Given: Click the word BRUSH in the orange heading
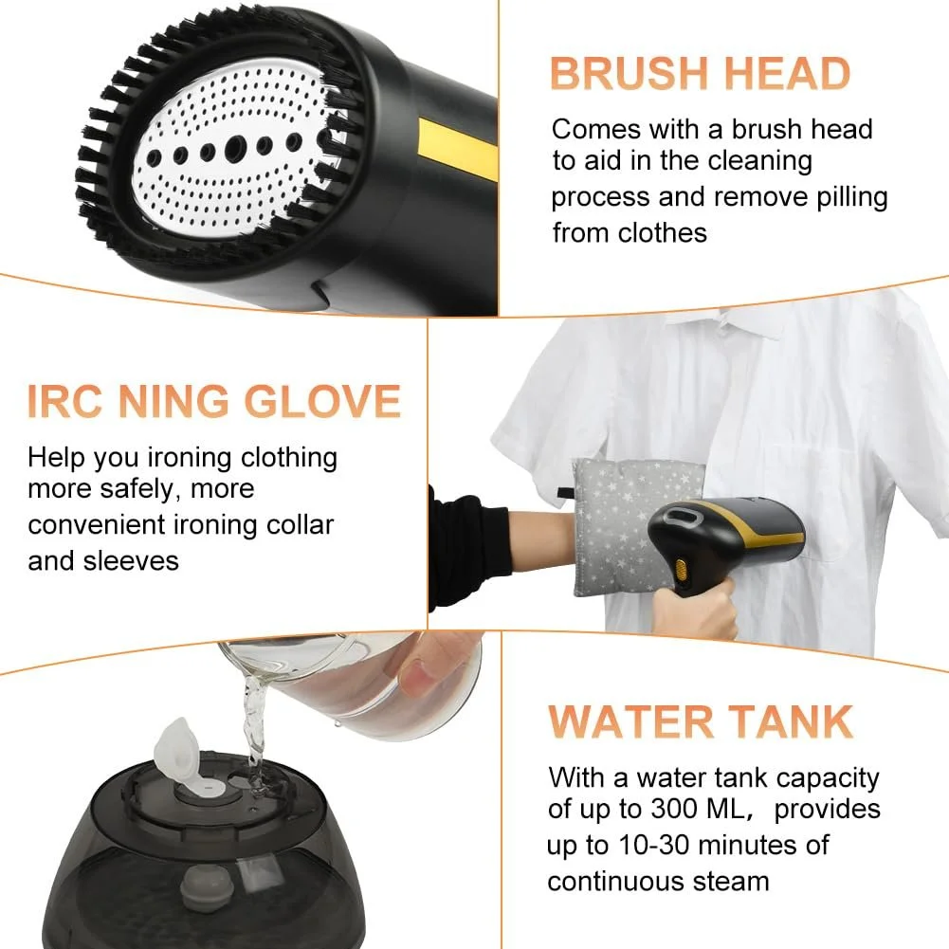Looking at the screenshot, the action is coord(630,73).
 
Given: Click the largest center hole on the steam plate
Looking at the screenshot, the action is coord(235,147).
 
